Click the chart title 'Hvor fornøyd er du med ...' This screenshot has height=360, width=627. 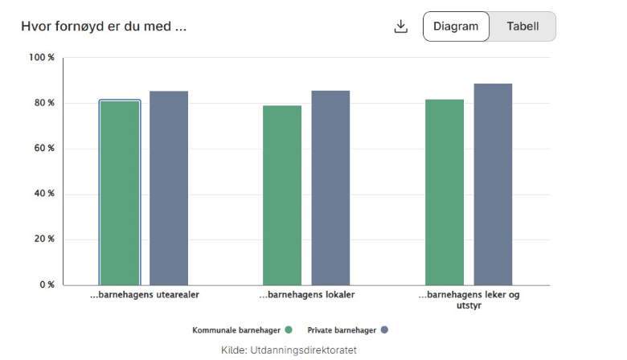(x=104, y=26)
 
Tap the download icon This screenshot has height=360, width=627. (x=401, y=27)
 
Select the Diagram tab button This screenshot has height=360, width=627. (x=456, y=27)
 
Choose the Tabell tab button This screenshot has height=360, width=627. (x=522, y=27)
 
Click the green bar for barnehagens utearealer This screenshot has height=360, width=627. (x=120, y=193)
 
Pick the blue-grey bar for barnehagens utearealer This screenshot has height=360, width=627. (x=169, y=188)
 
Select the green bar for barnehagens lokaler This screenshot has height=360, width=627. (x=282, y=195)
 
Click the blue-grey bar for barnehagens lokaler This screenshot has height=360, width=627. (x=330, y=188)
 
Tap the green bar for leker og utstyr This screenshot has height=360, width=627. (x=445, y=192)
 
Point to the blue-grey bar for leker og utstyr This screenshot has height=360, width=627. (x=493, y=184)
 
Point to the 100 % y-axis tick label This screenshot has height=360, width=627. (x=41, y=58)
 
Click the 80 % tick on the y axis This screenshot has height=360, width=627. (x=43, y=103)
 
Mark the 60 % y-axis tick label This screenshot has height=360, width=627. (x=43, y=149)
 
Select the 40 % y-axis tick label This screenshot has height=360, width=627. (x=43, y=194)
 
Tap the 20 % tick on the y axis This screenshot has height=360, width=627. (x=43, y=239)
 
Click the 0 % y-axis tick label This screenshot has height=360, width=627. (x=46, y=284)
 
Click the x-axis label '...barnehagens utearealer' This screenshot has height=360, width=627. (x=144, y=295)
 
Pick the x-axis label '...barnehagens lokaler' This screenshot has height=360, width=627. (x=306, y=295)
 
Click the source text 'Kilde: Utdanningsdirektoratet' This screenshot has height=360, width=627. (x=289, y=350)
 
